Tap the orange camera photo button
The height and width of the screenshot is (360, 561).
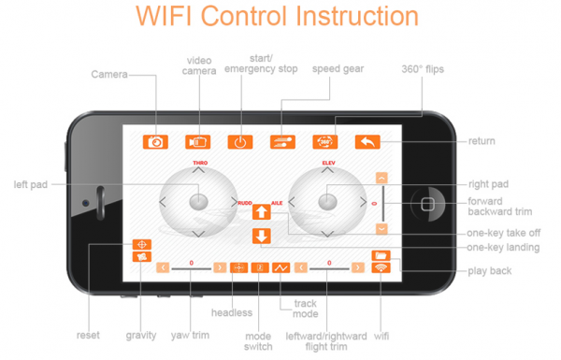click(x=155, y=142)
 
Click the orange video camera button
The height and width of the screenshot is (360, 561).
click(x=198, y=142)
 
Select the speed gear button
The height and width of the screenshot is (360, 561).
click(x=282, y=142)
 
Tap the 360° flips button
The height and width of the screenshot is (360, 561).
click(x=325, y=142)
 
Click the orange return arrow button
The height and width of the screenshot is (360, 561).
click(x=367, y=142)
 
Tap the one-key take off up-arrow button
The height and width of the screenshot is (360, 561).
click(x=261, y=212)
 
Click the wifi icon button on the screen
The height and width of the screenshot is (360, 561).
click(x=381, y=267)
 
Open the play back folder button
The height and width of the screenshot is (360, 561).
click(x=381, y=255)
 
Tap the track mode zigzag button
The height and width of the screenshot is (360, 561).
click(x=281, y=267)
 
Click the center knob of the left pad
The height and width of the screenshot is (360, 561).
click(x=198, y=201)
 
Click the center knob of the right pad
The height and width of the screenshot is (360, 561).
click(x=327, y=201)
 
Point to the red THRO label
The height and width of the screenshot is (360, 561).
click(x=200, y=163)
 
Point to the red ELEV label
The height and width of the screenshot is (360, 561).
click(x=329, y=163)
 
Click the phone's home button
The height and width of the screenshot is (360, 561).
click(x=428, y=204)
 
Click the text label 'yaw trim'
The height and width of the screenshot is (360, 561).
click(x=190, y=336)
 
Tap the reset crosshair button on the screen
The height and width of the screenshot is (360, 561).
click(x=142, y=244)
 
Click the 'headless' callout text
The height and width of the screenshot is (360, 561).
click(x=232, y=312)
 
